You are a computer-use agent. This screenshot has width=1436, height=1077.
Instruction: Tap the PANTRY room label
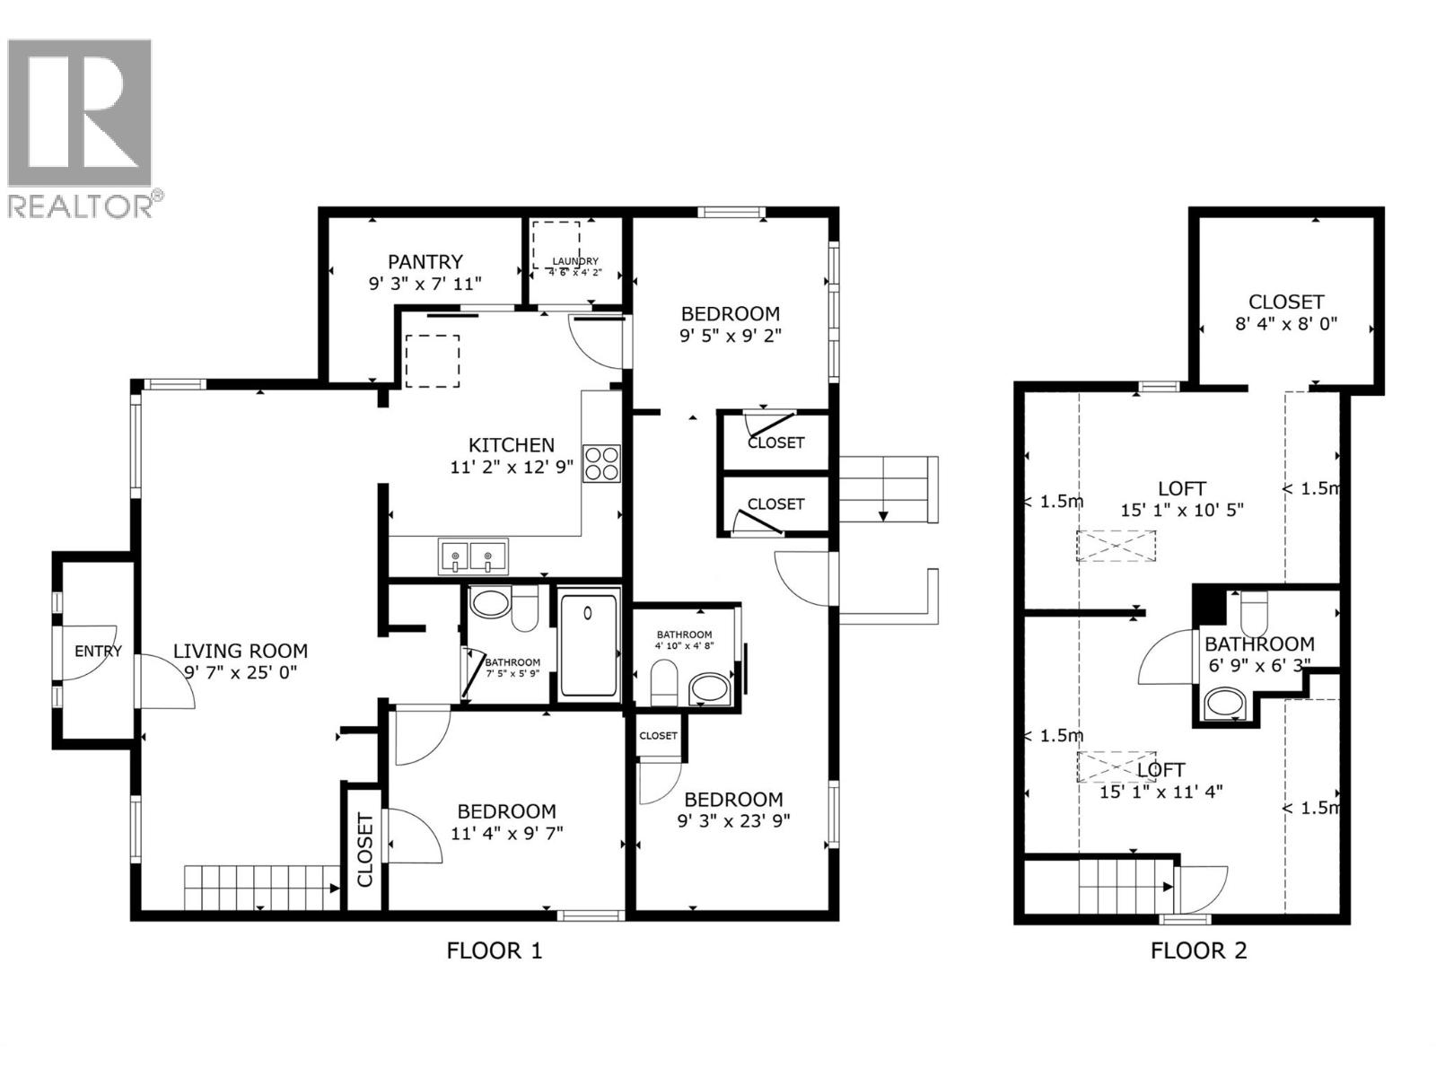click(425, 261)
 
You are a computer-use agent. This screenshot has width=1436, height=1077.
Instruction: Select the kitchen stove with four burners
click(601, 463)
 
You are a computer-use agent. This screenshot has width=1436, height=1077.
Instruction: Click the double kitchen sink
click(472, 556)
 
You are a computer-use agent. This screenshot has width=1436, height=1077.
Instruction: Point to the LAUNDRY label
click(574, 261)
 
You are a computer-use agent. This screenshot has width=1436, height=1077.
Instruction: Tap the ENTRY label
click(97, 652)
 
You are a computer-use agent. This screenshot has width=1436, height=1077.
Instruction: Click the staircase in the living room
click(260, 887)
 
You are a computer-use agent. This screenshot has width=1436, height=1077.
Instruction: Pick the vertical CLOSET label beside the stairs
click(364, 849)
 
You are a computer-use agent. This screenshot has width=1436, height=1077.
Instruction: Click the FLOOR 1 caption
click(495, 950)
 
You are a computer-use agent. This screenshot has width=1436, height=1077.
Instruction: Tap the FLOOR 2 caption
click(1198, 950)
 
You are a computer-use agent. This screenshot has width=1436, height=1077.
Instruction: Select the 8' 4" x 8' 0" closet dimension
click(1286, 323)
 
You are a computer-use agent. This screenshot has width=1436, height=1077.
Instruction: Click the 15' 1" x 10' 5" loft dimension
click(1181, 510)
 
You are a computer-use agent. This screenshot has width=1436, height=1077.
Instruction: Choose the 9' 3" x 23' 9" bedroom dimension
click(733, 820)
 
